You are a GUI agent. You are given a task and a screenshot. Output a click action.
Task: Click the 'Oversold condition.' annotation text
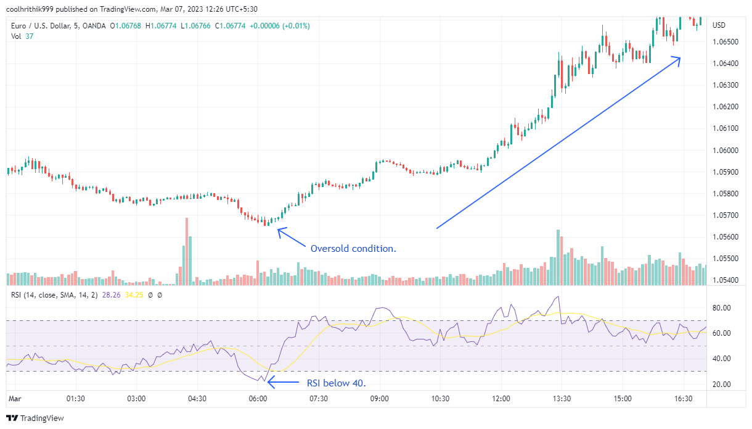tap(353, 249)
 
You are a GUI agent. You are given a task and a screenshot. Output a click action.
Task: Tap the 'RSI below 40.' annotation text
tap(336, 383)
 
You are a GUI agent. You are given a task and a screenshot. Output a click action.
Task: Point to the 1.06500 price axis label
tap(724, 42)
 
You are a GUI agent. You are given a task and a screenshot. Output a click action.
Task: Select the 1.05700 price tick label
tap(724, 215)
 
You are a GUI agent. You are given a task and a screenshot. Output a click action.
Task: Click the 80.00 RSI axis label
tap(721, 308)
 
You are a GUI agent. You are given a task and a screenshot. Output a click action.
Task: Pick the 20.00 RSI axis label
tap(721, 384)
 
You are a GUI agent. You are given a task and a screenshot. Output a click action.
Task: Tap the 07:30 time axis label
tap(319, 399)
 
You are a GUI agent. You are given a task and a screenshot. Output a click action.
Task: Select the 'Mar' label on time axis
tap(14, 399)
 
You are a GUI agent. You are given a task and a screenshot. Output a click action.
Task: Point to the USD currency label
tap(719, 25)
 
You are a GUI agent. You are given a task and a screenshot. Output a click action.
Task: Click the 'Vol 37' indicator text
tap(22, 36)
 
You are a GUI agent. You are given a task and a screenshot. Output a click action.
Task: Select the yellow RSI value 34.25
tap(134, 295)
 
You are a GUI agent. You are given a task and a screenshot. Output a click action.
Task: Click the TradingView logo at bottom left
tap(37, 418)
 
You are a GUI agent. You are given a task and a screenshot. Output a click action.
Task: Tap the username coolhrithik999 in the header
tap(31, 9)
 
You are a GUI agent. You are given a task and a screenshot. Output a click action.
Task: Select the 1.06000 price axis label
tap(724, 150)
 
